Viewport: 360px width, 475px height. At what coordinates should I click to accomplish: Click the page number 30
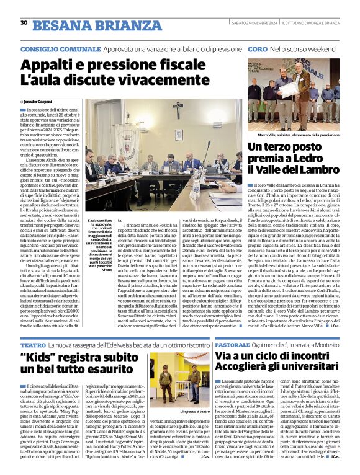pos(24,23)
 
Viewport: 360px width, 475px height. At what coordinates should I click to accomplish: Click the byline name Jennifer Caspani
pos(40,100)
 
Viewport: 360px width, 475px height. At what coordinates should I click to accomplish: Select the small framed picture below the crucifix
pos(179,134)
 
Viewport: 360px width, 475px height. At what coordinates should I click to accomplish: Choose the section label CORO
pos(258,48)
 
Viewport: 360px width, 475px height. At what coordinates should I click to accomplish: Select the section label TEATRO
pos(33,344)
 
